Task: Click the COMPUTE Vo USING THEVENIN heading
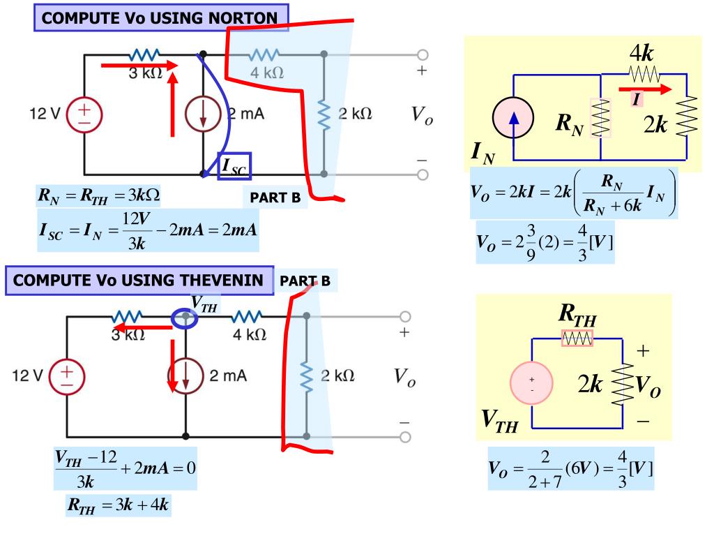[139, 281]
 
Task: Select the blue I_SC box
[234, 165]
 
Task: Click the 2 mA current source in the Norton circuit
[203, 114]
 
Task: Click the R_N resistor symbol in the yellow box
[600, 117]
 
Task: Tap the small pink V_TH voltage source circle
[532, 383]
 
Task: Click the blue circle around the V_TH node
[185, 318]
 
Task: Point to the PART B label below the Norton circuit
[275, 198]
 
